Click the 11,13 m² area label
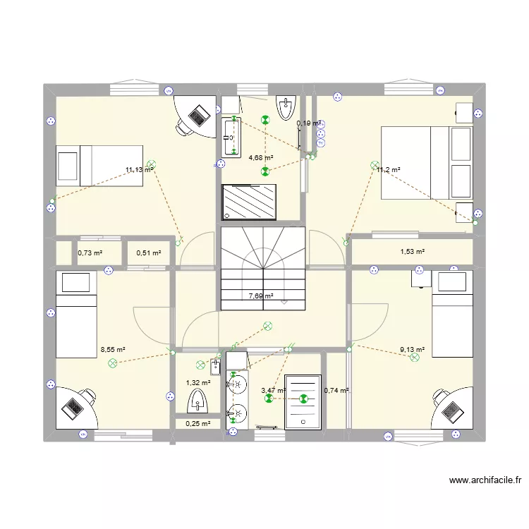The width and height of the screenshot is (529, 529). [x=139, y=170]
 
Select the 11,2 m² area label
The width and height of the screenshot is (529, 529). [x=388, y=170]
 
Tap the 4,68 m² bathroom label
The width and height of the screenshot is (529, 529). [x=260, y=159]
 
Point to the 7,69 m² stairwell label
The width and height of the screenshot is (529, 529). [x=260, y=297]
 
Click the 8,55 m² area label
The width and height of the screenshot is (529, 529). [x=113, y=349]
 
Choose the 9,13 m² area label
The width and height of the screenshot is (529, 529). [x=412, y=349]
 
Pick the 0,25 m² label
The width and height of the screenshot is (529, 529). [x=197, y=424]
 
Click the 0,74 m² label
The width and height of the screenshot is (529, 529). [x=336, y=390]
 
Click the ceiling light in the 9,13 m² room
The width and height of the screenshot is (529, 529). [x=414, y=358]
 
